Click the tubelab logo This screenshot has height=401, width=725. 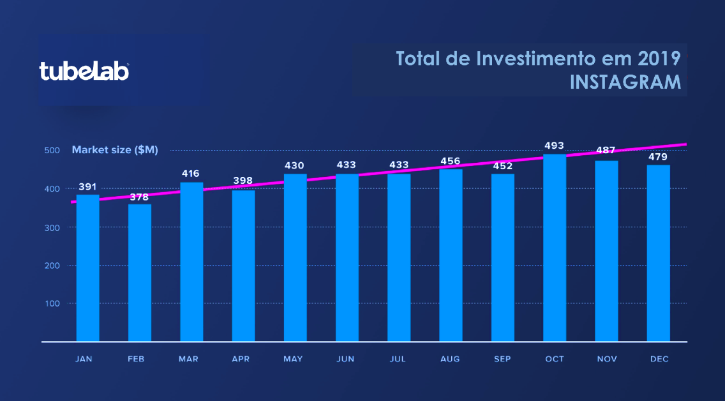[x=84, y=72]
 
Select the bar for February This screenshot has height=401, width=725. [x=140, y=273]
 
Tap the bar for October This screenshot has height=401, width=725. [x=555, y=248]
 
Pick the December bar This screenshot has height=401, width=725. [x=659, y=253]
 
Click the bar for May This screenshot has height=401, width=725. [x=295, y=257]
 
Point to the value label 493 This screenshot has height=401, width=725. [x=554, y=146]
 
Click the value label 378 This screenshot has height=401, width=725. [x=139, y=197]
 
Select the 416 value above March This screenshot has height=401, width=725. [x=190, y=174]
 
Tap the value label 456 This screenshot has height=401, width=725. [x=451, y=161]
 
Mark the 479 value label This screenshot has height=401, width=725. [x=658, y=157]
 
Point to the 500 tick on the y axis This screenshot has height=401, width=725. [x=52, y=150]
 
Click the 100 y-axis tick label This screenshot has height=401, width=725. [x=52, y=303]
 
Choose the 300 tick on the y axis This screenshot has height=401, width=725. [x=52, y=227]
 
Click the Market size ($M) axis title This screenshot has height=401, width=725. [x=115, y=150]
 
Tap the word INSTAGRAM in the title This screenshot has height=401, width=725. [x=625, y=82]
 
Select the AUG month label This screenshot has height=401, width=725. [x=451, y=359]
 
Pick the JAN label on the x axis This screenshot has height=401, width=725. [x=84, y=359]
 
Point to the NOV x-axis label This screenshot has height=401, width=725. [x=607, y=359]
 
